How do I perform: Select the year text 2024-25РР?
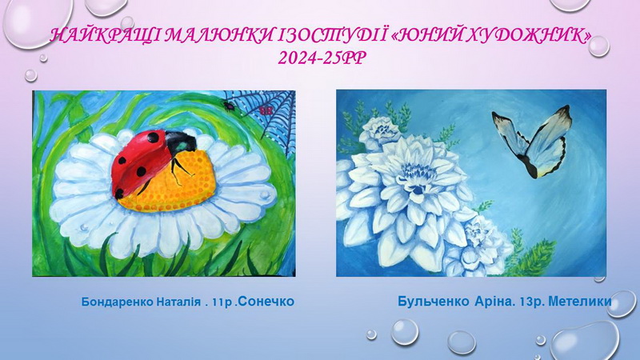(322, 58)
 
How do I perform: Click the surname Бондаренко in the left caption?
(118, 302)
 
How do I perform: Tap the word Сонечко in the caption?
(266, 302)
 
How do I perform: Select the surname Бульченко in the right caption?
(434, 302)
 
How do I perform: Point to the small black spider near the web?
(228, 106)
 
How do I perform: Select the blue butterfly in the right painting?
(530, 141)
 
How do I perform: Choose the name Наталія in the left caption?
(178, 302)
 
